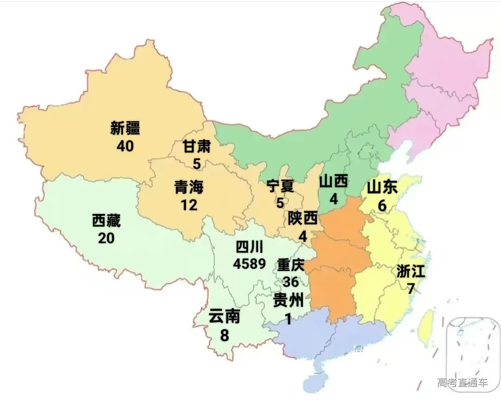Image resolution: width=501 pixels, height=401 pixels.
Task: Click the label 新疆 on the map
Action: point(125,129)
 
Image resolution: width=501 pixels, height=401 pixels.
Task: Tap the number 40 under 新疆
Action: point(125,146)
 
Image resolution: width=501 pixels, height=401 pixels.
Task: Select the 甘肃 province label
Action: point(197,148)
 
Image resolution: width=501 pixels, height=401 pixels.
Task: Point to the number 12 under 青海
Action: point(189,205)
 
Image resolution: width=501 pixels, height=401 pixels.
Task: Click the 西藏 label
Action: point(106,221)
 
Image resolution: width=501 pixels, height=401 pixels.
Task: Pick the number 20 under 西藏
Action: point(106,238)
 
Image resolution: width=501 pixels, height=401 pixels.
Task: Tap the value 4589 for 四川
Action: point(250,264)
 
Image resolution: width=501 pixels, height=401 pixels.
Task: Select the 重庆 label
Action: point(290,265)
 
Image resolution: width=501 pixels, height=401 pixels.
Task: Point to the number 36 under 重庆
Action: point(290,282)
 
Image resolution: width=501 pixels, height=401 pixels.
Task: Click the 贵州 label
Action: point(289,301)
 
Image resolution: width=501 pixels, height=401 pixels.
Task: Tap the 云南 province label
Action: point(224,317)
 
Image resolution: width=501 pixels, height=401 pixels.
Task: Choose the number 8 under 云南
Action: point(225,335)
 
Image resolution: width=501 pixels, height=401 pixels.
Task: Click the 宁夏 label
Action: point(280,187)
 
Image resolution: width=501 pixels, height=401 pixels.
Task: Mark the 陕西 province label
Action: point(302,218)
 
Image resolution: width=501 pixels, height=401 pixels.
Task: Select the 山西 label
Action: point(334,182)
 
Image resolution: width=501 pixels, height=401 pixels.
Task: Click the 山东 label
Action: point(382,187)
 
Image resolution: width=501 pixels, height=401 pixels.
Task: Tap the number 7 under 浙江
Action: point(411,288)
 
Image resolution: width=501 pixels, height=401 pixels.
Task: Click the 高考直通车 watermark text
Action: point(462,382)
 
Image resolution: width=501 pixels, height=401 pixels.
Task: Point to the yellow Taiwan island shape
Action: point(426,328)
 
